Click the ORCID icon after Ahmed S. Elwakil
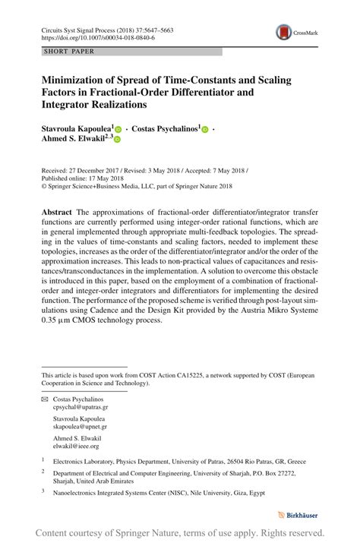click(x=118, y=140)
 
